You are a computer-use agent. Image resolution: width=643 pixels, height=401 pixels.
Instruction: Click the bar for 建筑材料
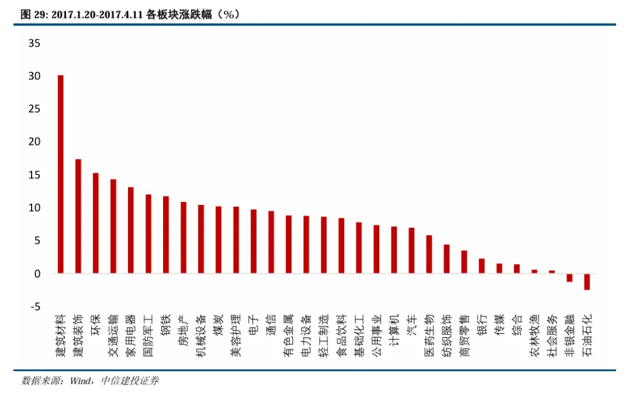coord(61,174)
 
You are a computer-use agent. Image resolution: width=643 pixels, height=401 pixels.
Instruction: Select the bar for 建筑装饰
coord(78,216)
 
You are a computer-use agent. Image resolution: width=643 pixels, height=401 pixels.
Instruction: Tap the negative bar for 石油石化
coord(587,282)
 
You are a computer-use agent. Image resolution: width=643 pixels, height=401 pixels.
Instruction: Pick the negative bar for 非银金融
coord(570,278)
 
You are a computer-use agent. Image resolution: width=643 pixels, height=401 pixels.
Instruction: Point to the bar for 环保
coord(95,223)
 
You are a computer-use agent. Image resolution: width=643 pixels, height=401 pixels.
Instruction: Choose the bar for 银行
coord(482,266)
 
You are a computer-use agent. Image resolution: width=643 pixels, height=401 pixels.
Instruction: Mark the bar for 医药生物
coord(429,254)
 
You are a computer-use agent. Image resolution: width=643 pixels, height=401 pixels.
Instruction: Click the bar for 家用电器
coord(130,230)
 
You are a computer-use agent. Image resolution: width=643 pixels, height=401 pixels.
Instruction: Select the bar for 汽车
coord(411,250)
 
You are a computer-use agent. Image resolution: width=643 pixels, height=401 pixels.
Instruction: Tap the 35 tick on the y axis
coord(34,43)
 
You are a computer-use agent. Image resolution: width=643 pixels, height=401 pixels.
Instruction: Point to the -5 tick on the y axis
coord(35,306)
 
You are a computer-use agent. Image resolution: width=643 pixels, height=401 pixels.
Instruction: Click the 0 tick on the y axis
coord(37,273)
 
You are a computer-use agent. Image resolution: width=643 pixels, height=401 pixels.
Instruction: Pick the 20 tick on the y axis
coord(34,142)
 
